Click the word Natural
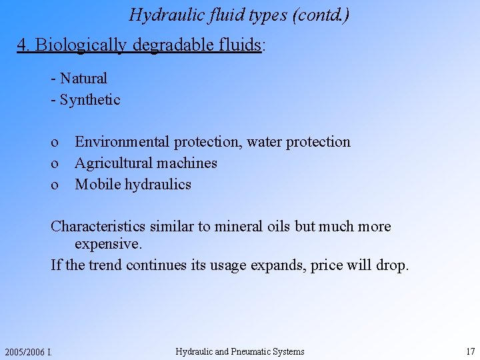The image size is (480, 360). (83, 79)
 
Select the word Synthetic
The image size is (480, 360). (90, 100)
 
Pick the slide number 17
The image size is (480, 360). (471, 351)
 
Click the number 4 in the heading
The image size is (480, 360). (22, 45)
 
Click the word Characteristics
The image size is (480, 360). (97, 227)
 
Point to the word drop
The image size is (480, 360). (391, 265)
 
